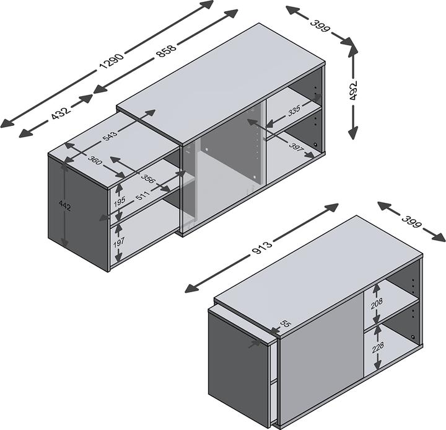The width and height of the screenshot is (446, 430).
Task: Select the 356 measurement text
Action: tap(148, 179)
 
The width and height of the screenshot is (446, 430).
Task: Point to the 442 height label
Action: tap(63, 206)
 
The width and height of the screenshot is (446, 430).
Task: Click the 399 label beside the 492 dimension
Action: tap(320, 28)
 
